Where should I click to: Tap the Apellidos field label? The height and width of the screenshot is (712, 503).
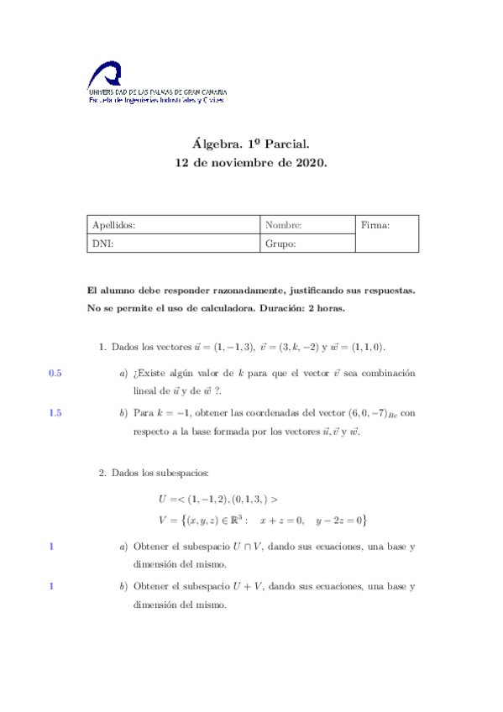click(114, 225)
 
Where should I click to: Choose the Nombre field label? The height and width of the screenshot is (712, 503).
click(283, 225)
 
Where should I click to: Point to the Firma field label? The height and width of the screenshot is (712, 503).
click(375, 225)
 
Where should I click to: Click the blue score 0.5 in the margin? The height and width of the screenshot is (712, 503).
click(55, 373)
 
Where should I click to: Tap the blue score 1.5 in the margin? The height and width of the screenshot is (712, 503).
click(55, 412)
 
